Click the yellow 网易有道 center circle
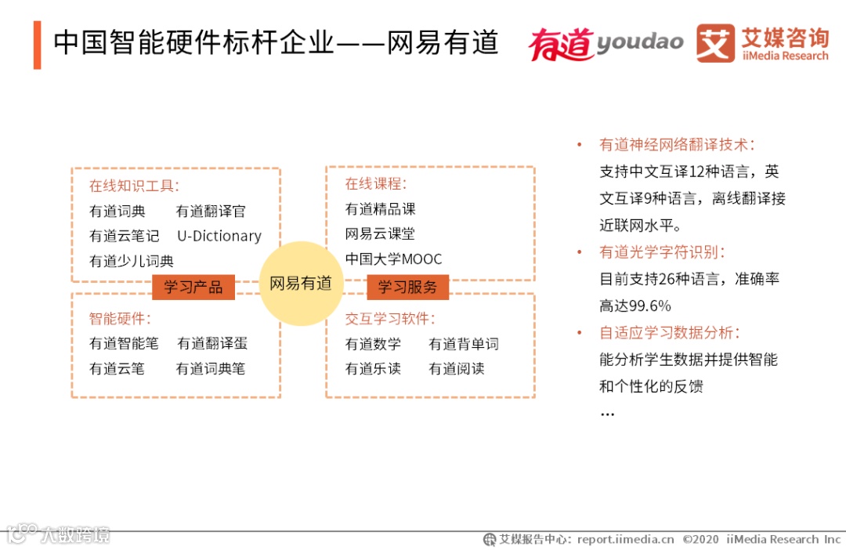(301, 284)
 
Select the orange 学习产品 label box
(193, 287)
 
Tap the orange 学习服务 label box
(407, 287)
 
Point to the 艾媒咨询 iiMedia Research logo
(762, 43)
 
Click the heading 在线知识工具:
(134, 186)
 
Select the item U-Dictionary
(219, 236)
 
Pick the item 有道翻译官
(211, 211)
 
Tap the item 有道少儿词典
(132, 261)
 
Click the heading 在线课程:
(376, 184)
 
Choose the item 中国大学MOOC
(393, 259)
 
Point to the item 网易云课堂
(380, 233)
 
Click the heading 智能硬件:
(120, 319)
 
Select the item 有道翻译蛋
(212, 343)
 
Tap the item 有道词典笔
(211, 368)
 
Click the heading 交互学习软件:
(390, 319)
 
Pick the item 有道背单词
(464, 344)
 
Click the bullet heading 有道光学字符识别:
(663, 252)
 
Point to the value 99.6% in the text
(646, 306)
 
